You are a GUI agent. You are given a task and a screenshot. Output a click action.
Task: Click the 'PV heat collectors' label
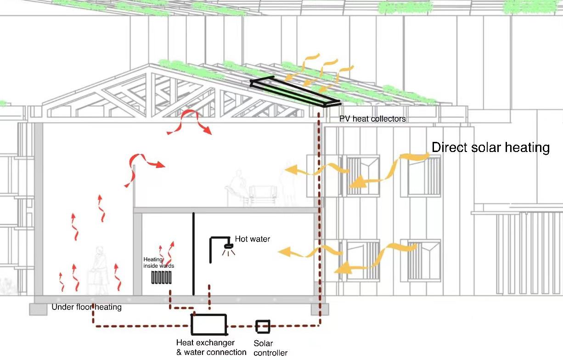pyautogui.click(x=372, y=119)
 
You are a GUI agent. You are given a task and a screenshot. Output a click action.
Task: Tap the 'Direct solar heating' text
pyautogui.click(x=490, y=148)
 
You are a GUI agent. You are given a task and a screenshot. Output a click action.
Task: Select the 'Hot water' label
pyautogui.click(x=252, y=239)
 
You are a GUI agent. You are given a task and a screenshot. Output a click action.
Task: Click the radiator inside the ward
pyautogui.click(x=162, y=278)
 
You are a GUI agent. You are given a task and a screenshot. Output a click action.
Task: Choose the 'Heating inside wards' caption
pyautogui.click(x=158, y=263)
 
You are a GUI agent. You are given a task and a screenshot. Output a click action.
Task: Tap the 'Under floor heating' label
pyautogui.click(x=86, y=307)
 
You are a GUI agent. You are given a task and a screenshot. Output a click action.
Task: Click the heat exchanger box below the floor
pyautogui.click(x=209, y=325)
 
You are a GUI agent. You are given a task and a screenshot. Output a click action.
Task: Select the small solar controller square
pyautogui.click(x=263, y=326)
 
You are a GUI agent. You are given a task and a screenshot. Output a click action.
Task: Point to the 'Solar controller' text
pyautogui.click(x=270, y=348)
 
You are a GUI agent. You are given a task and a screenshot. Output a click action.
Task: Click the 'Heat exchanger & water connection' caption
pyautogui.click(x=211, y=348)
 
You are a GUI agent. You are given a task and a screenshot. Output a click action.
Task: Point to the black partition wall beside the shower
pyautogui.click(x=193, y=253)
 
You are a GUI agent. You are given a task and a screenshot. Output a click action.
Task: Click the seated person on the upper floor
pyautogui.click(x=238, y=186)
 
